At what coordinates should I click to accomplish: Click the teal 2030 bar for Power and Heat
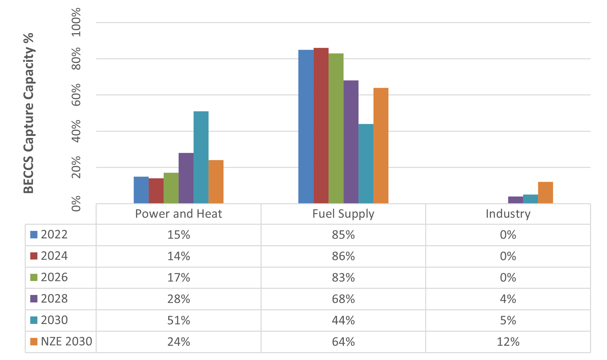(x=201, y=157)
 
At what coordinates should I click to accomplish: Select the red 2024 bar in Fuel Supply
(x=321, y=126)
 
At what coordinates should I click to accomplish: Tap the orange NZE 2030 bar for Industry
(x=545, y=193)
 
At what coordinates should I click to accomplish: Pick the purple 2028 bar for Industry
(x=515, y=200)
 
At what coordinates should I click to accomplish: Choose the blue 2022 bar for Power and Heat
(x=141, y=190)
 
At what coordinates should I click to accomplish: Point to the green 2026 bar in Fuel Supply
(x=336, y=128)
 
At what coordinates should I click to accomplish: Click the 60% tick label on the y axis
(x=76, y=95)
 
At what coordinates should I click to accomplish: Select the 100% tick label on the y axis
(x=76, y=22)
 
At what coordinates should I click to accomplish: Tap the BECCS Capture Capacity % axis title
(x=29, y=113)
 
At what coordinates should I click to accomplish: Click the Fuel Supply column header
(x=343, y=214)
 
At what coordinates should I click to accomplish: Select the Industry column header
(x=508, y=214)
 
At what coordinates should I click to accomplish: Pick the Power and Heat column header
(x=178, y=214)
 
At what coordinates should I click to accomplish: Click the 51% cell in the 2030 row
(x=179, y=320)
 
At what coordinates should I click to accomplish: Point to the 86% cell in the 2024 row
(x=343, y=256)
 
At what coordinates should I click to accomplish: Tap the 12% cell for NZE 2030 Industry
(x=508, y=342)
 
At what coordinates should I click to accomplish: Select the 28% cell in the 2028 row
(x=179, y=299)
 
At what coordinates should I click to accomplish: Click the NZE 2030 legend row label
(x=66, y=341)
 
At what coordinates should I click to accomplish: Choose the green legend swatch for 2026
(x=34, y=277)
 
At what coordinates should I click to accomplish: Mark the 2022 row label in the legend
(x=54, y=234)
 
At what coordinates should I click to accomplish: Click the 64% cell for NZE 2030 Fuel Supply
(x=343, y=342)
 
